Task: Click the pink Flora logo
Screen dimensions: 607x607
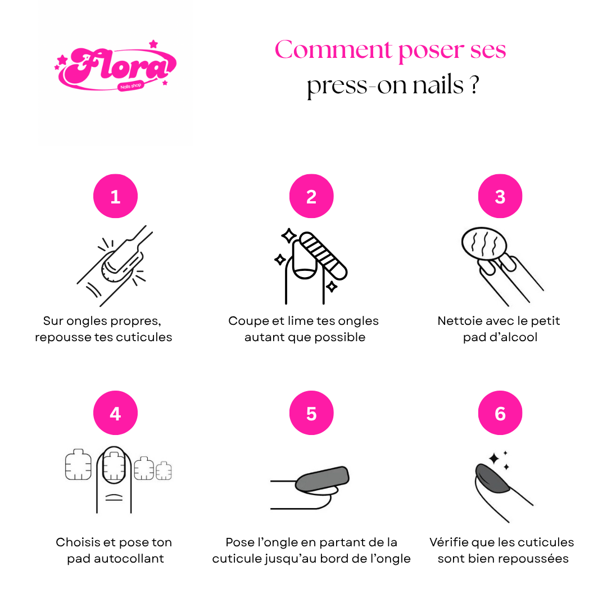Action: click(115, 66)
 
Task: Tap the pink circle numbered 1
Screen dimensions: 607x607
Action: click(115, 196)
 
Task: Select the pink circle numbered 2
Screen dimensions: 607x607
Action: click(311, 196)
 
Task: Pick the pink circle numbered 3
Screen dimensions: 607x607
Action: click(500, 196)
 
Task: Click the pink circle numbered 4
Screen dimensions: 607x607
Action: click(115, 413)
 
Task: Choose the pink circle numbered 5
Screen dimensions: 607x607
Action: click(311, 413)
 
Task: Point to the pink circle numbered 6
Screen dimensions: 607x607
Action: click(500, 413)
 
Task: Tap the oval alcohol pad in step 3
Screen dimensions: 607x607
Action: click(484, 244)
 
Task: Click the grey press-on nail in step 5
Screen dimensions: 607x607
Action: click(322, 479)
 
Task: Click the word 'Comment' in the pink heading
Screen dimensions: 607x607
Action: click(334, 49)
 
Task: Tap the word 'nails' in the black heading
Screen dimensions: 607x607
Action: click(438, 85)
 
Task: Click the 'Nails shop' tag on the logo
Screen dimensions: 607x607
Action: click(131, 86)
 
